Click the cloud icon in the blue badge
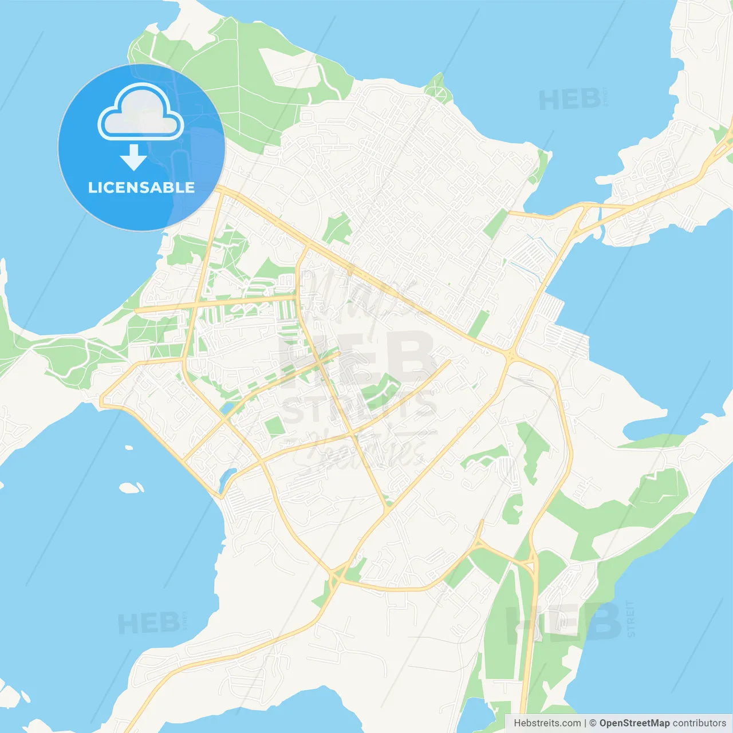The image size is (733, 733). click(141, 112)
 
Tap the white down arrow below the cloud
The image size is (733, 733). click(133, 157)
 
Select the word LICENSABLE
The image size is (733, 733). click(141, 188)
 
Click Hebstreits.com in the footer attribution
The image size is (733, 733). click(547, 723)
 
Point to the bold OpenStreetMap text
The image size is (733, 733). click(634, 723)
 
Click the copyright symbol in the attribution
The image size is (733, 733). click(593, 723)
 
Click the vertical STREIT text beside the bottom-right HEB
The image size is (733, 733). click(630, 619)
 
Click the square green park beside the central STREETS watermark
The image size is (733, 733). click(275, 426)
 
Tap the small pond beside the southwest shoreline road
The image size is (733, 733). click(228, 476)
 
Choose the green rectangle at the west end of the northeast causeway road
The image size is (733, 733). click(495, 223)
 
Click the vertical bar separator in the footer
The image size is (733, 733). click(585, 723)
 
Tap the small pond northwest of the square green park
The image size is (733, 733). click(227, 407)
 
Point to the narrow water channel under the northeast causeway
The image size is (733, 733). click(600, 216)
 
